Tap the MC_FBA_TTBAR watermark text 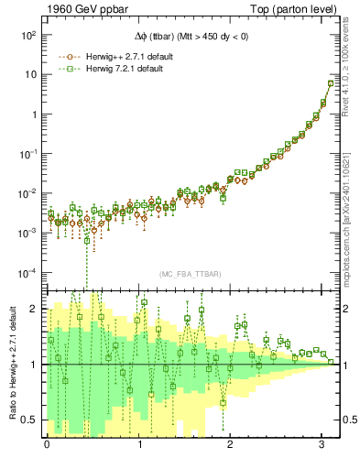pos(191,275)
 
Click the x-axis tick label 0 pos(47,443)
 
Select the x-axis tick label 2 pos(231,443)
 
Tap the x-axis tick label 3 pos(322,443)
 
